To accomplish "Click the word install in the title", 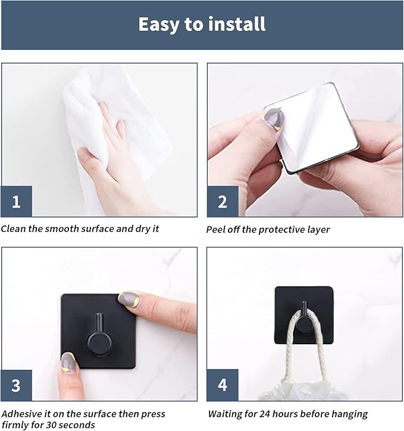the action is tap(237, 24).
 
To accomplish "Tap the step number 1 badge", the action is tap(16, 201).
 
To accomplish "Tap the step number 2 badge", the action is tap(223, 202).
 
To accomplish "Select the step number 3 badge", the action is tap(16, 385).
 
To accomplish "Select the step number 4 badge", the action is tap(223, 385).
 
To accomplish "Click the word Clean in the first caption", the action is tap(13, 229).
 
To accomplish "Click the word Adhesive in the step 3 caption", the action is tap(22, 414).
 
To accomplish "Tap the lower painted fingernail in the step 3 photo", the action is tap(68, 363).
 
